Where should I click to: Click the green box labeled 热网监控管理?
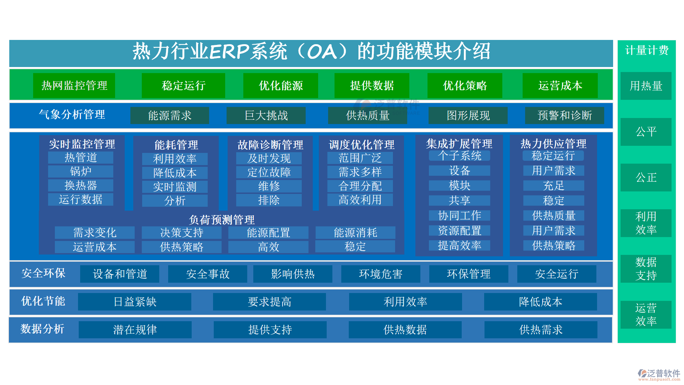click(x=74, y=86)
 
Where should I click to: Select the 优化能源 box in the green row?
click(x=281, y=86)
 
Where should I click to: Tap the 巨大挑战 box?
click(x=266, y=115)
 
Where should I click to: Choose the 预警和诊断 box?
click(x=565, y=115)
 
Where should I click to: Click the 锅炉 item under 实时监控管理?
click(x=81, y=171)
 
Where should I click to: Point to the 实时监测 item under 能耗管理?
click(x=175, y=187)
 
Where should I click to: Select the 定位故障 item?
click(x=269, y=172)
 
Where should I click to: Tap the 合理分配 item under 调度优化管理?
click(x=360, y=186)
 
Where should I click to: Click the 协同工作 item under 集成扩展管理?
click(x=460, y=215)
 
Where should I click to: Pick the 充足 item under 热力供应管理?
click(x=554, y=185)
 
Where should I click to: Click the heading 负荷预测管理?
click(x=222, y=220)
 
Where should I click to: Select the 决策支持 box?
click(x=182, y=232)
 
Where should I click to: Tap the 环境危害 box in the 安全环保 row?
click(x=381, y=274)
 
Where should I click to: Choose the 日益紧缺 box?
click(x=135, y=302)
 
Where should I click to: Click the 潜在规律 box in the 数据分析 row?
click(x=135, y=330)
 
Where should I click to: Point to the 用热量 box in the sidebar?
click(x=646, y=86)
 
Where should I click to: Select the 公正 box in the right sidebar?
click(x=646, y=178)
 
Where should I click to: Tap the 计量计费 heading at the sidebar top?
click(x=647, y=50)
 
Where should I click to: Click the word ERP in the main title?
click(x=230, y=51)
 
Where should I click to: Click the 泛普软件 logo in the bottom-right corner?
click(x=659, y=375)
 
